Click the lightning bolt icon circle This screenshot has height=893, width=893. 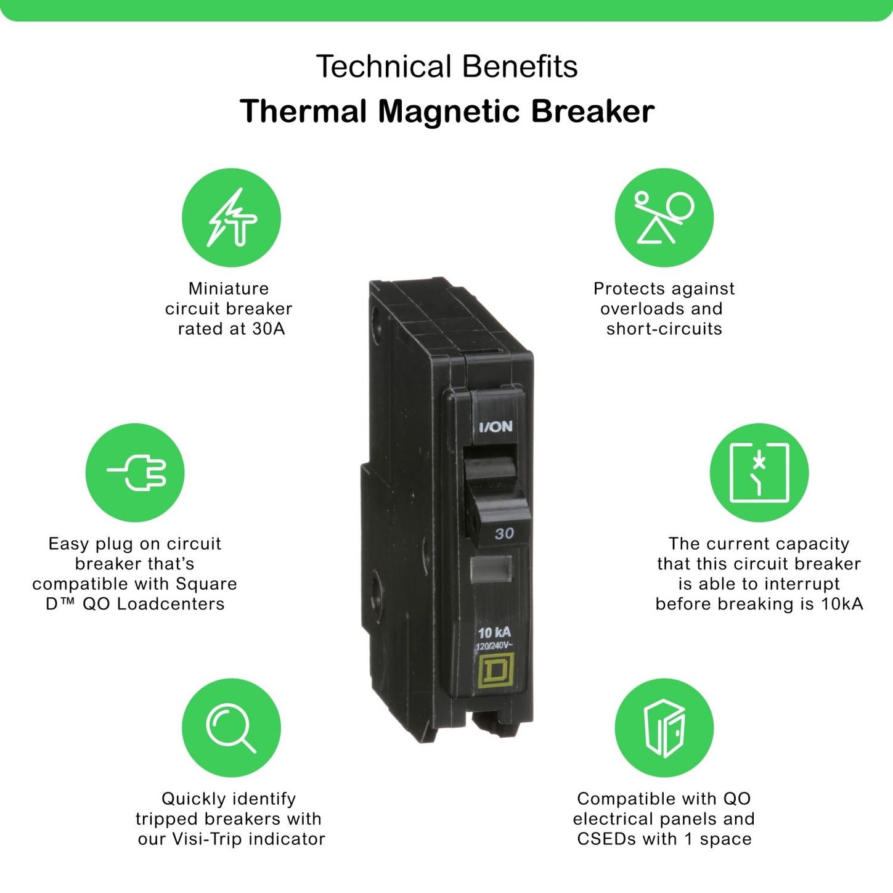(231, 218)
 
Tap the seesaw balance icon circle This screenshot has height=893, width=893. (664, 218)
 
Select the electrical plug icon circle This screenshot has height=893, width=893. (135, 473)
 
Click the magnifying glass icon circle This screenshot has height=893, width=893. (231, 728)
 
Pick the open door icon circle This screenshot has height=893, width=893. (664, 728)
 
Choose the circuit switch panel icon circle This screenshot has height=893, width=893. (759, 473)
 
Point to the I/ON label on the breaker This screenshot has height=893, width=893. (495, 426)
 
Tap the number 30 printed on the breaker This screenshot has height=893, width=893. (504, 534)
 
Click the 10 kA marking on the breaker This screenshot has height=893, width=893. (494, 632)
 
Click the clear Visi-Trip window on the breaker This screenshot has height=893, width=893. (491, 569)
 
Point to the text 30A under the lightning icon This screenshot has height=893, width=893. (268, 328)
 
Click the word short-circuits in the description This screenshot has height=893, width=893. (664, 328)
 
